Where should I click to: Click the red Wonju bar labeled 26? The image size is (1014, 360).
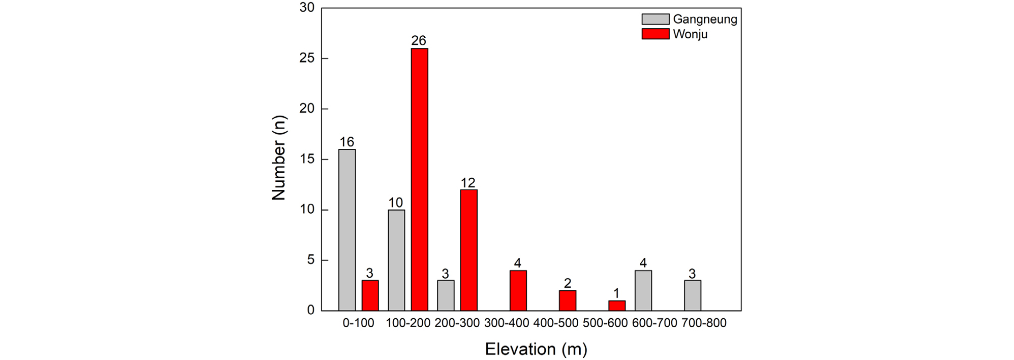click(419, 179)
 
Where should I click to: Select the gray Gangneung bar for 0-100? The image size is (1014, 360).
click(347, 230)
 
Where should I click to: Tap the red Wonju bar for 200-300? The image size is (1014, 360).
click(469, 250)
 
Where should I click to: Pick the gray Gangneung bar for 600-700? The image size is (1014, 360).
click(643, 290)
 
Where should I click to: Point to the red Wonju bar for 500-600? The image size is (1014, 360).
click(617, 305)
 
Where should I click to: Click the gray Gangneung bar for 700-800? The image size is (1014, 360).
click(692, 295)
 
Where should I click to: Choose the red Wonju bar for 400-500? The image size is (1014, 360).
click(568, 300)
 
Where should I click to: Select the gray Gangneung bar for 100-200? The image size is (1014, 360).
click(396, 260)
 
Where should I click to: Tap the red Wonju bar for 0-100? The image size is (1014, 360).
click(370, 295)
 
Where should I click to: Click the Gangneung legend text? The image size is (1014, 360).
click(705, 19)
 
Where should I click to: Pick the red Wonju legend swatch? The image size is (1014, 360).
click(655, 34)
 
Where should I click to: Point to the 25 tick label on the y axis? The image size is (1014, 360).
click(307, 58)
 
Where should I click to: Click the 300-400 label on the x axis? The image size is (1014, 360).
click(506, 323)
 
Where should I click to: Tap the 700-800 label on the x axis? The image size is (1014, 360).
click(704, 323)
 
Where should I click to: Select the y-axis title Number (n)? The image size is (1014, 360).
click(279, 158)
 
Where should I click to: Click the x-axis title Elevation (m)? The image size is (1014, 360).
click(536, 349)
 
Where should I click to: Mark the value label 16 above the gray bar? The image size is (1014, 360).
click(347, 142)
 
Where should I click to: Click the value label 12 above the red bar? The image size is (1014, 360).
click(468, 182)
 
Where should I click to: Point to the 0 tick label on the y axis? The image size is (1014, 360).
click(311, 310)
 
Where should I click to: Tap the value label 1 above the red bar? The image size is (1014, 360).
click(616, 293)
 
